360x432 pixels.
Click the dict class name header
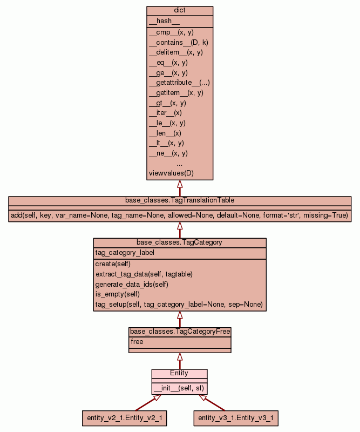click(x=180, y=11)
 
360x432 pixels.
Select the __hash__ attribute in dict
click(x=160, y=21)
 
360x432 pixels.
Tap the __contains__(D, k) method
click(x=178, y=42)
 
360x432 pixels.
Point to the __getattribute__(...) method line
click(x=179, y=83)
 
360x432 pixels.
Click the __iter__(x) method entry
click(x=165, y=113)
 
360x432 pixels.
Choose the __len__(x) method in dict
click(x=165, y=133)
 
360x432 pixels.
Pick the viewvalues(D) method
click(x=171, y=173)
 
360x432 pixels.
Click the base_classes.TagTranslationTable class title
click(x=180, y=200)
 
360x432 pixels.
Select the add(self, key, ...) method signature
click(x=180, y=215)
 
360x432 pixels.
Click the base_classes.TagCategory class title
click(x=180, y=242)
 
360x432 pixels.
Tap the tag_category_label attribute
click(x=125, y=253)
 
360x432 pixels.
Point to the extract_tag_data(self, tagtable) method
click(x=144, y=274)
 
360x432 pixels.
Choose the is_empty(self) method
click(x=118, y=294)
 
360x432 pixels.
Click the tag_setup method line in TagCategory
click(x=179, y=305)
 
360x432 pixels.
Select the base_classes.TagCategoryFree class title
click(x=180, y=331)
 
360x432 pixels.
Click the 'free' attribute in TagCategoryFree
click(x=137, y=342)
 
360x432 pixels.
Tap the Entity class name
click(x=179, y=373)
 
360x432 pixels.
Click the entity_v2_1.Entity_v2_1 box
click(x=124, y=417)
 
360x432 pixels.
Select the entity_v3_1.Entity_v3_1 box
click(x=236, y=417)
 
